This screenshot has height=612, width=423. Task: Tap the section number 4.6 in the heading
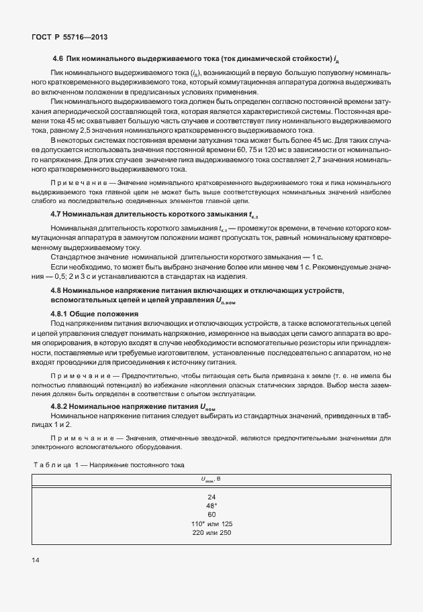pos(58,60)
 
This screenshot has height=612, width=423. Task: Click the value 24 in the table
pos(211,497)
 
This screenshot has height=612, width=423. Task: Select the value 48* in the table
pos(211,506)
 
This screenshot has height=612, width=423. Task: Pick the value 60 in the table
pos(211,515)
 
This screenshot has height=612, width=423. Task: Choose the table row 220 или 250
pos(211,533)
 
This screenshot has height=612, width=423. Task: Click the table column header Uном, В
pos(211,479)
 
